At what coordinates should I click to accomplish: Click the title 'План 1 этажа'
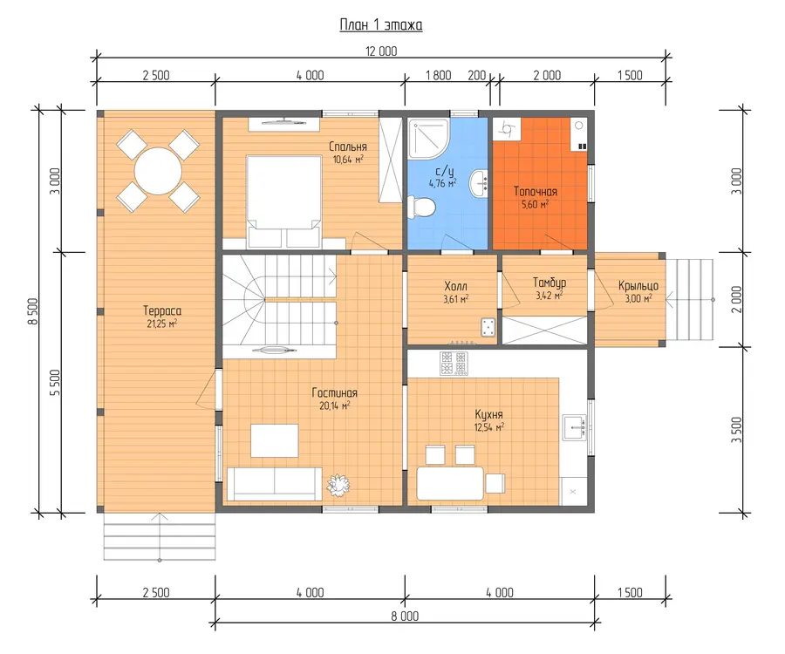[381, 25]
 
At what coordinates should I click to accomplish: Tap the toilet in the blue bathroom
[421, 207]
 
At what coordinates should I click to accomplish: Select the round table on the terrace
[158, 171]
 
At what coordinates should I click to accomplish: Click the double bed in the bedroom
[283, 201]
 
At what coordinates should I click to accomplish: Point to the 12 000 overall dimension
[381, 51]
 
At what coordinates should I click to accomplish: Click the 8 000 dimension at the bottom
[405, 616]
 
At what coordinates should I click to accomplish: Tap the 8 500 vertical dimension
[33, 311]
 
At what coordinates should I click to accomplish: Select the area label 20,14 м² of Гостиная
[334, 405]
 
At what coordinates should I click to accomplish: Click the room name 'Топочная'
[536, 192]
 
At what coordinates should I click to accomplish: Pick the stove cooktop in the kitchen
[454, 364]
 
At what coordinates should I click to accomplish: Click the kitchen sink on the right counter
[574, 427]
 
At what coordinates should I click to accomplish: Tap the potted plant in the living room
[338, 484]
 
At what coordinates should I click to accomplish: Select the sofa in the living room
[275, 484]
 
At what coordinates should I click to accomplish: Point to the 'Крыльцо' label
[638, 286]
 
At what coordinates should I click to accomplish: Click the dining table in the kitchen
[450, 483]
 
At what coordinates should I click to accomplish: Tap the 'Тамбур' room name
[549, 283]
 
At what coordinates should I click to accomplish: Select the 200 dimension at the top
[476, 75]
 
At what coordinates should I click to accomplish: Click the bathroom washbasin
[479, 183]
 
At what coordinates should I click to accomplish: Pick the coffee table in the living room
[275, 440]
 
